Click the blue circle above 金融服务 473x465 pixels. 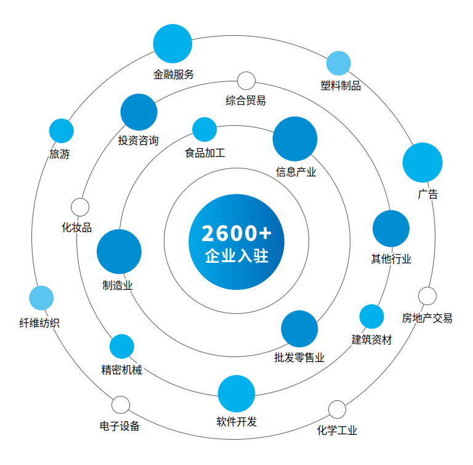pos(172,44)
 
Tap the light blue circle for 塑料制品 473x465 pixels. pos(338,63)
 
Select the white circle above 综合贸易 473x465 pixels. pos(246,81)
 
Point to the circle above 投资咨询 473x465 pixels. pos(139,112)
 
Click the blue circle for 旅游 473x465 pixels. pos(61,131)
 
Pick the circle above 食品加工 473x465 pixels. pos(204,130)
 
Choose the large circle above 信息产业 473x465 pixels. pos(295,139)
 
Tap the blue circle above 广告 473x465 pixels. pos(422,163)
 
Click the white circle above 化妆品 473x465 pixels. pos(80,207)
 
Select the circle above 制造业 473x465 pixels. pos(119,252)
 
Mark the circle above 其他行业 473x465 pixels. pos(391,229)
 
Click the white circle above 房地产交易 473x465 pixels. pos(427,296)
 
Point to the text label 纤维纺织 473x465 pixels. pos(39,323)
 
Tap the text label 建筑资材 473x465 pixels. pos(371,339)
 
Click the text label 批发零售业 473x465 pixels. pos(299,358)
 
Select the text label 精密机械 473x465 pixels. pos(121,370)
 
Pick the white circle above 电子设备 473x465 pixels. pos(121,405)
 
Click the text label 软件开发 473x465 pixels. pos(236,422)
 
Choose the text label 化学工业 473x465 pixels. pos(337,430)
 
